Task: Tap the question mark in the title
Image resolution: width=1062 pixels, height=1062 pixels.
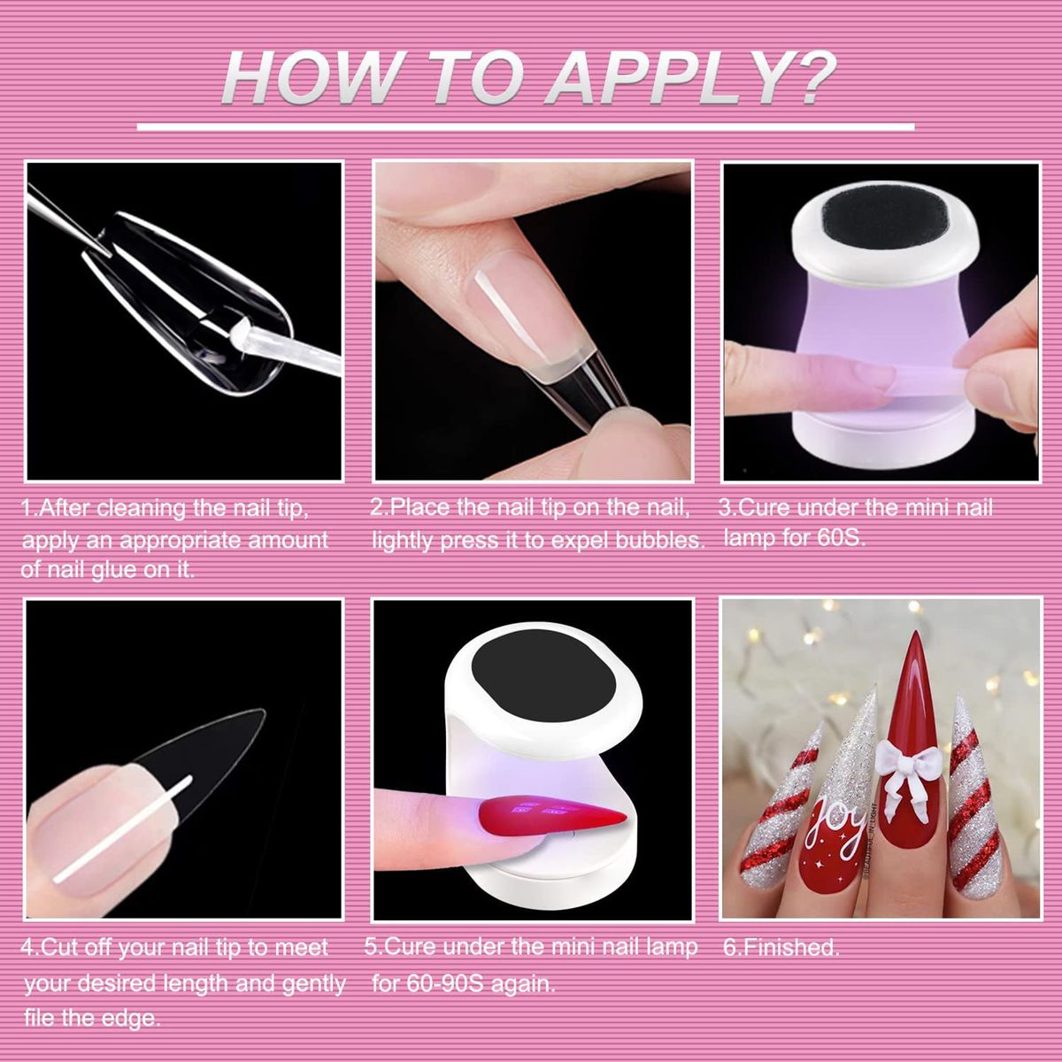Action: (x=814, y=77)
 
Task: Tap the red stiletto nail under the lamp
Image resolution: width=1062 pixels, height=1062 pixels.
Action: (x=551, y=823)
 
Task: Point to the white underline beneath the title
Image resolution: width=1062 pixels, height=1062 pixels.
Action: (x=526, y=127)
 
